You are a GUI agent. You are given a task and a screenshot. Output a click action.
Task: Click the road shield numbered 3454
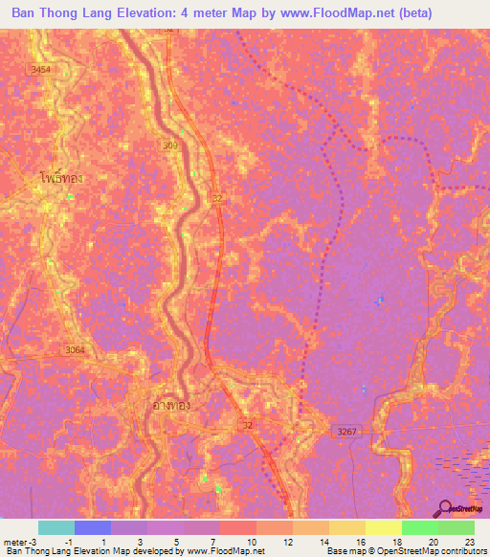[40, 70]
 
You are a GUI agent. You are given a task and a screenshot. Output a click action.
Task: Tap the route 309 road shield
[169, 145]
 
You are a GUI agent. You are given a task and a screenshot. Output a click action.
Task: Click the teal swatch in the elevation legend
[56, 527]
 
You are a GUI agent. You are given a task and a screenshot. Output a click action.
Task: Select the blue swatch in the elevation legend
[92, 527]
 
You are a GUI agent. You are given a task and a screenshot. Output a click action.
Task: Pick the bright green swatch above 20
[419, 527]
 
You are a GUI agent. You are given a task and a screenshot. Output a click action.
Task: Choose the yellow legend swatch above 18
[383, 527]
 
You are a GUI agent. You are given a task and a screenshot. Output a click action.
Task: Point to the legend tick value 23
[469, 542]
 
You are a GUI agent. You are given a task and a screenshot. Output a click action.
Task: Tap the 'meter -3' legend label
[20, 542]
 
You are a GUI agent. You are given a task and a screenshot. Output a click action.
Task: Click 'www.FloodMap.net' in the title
[322, 13]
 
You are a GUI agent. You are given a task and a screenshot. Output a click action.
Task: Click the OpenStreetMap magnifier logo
[444, 507]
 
